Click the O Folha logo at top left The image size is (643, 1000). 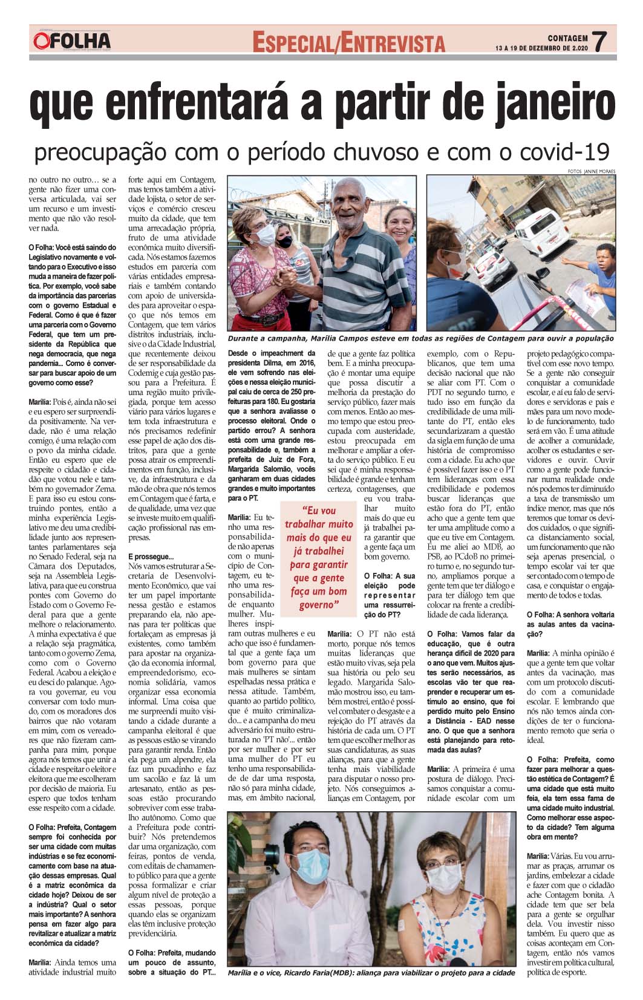(x=73, y=41)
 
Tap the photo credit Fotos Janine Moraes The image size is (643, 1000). (x=592, y=171)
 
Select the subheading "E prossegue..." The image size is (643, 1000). (x=151, y=556)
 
